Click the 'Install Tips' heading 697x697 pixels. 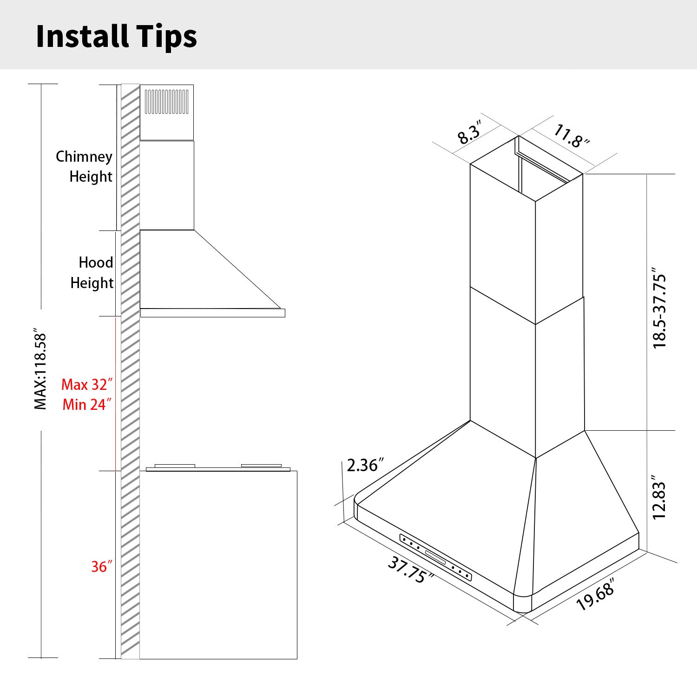(x=116, y=36)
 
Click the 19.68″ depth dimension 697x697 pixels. (x=596, y=594)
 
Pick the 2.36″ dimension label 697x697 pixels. (x=365, y=465)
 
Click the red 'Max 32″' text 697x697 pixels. (x=87, y=385)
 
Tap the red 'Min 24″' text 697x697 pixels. (x=87, y=405)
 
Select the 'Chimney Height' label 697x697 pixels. (x=85, y=166)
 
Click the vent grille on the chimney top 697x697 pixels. (x=166, y=102)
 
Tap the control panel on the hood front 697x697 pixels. (x=435, y=557)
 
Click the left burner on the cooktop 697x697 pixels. (x=175, y=466)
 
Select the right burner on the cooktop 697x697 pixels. (x=261, y=466)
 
